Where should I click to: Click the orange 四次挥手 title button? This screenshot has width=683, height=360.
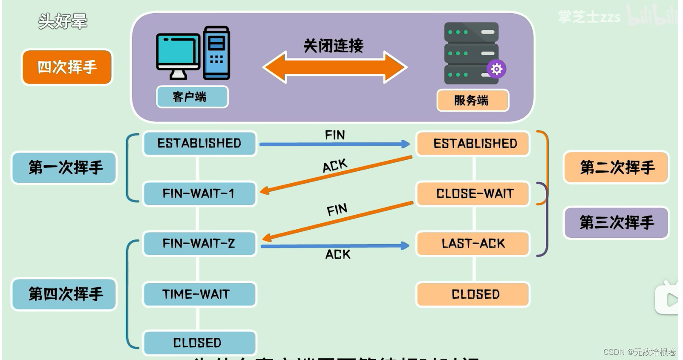[67, 67]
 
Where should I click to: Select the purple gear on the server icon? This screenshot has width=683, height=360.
[496, 69]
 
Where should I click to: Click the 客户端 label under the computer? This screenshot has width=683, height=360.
[192, 97]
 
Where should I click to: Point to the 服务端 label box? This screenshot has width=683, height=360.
[473, 101]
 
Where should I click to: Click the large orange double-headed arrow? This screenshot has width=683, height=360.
[334, 67]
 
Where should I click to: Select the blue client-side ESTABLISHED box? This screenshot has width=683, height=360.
[199, 143]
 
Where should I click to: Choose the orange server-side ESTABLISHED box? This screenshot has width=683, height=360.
[473, 144]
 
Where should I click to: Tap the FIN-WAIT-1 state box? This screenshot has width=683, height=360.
[199, 193]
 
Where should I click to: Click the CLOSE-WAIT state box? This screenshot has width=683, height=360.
[473, 193]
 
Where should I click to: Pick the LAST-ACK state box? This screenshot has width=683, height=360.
[473, 243]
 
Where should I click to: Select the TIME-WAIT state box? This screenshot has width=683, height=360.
[199, 294]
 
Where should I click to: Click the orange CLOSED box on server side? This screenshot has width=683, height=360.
[473, 294]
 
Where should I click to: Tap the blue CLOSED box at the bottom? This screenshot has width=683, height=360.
[199, 343]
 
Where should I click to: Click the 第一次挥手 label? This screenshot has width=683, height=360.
[64, 167]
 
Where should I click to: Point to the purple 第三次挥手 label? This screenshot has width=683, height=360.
[616, 222]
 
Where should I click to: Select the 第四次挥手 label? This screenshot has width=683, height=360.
[64, 294]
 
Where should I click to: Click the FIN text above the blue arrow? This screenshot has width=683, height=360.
[334, 135]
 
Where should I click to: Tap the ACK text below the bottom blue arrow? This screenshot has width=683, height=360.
[337, 255]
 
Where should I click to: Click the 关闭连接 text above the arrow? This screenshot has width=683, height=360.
[333, 46]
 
